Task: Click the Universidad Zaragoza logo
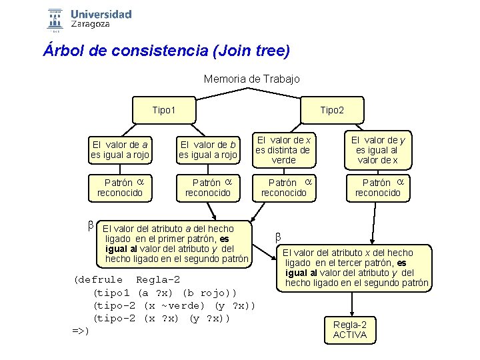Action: point(90,19)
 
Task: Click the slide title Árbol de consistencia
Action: point(167,51)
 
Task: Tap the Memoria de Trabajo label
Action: point(251,79)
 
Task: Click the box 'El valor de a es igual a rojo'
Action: point(120,150)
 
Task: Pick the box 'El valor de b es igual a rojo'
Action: point(207,150)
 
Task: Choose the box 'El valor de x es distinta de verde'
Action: point(284,150)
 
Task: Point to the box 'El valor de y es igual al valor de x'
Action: point(377,150)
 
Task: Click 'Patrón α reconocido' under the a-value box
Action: point(120,187)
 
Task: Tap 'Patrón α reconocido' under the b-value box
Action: point(207,187)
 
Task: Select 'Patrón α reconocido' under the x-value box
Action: point(284,187)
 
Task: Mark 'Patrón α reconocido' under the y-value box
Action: point(377,187)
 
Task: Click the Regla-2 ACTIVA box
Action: point(350,329)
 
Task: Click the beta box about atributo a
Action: point(176,243)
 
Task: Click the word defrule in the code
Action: point(100,279)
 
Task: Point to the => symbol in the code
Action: point(79,331)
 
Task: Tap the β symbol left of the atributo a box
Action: point(90,225)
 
